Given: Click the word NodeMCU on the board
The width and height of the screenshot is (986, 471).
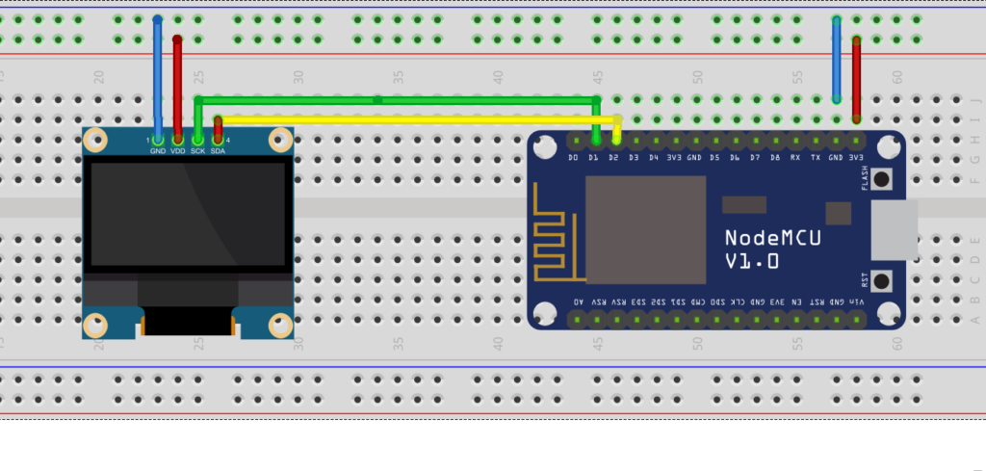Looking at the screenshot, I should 773,238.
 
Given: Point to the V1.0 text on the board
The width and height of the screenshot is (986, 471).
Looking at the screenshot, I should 752,261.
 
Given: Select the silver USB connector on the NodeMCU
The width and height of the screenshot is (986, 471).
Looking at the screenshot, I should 893,230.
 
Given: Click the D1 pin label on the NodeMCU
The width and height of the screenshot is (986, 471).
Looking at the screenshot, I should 594,157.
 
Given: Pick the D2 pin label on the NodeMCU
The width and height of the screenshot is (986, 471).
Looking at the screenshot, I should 614,157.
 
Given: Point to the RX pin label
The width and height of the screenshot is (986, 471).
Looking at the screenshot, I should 795,157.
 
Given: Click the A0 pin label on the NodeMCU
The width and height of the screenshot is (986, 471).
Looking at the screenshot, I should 578,301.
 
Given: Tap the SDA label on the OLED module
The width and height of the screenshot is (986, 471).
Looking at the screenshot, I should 218,151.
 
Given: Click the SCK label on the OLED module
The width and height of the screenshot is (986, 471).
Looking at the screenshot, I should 197,151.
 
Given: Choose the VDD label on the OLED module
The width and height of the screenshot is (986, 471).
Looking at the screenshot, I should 178,151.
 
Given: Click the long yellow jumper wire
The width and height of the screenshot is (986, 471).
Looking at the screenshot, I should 414,119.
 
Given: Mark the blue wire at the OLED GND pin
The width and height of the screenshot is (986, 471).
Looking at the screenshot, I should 158,77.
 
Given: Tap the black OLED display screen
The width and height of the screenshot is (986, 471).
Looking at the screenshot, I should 188,214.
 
